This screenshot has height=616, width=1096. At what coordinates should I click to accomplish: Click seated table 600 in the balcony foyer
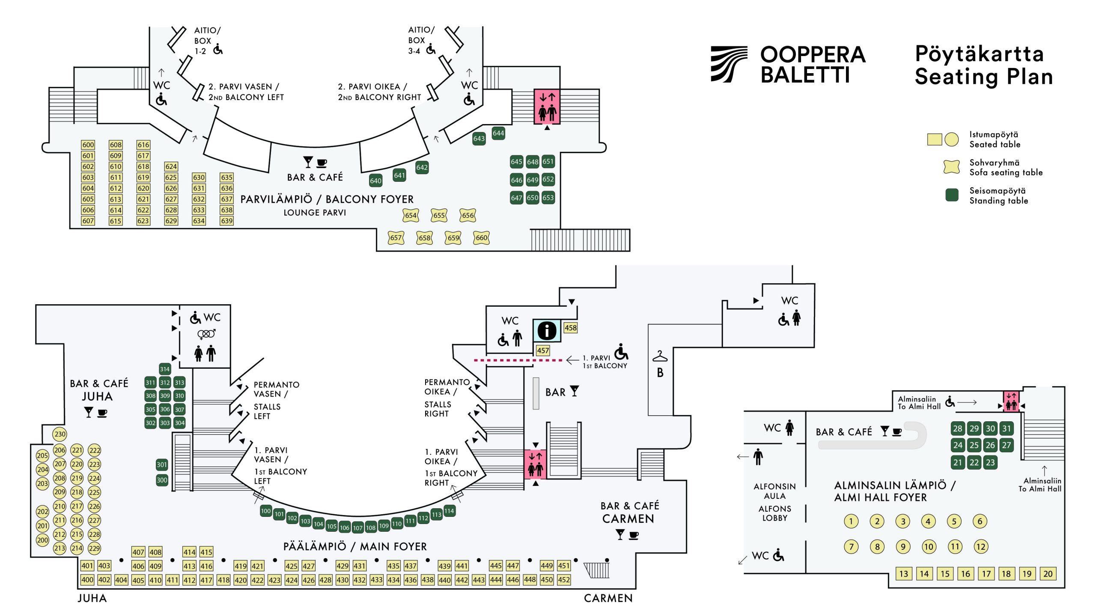[x=88, y=145]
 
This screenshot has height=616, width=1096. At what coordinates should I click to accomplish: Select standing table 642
[x=422, y=167]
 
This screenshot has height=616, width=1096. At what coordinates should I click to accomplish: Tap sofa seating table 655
[x=439, y=215]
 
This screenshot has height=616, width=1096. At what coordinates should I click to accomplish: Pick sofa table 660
[x=481, y=238]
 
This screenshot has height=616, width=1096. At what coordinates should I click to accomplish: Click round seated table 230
[x=60, y=434]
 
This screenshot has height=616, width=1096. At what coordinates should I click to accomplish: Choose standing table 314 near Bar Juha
[x=165, y=369]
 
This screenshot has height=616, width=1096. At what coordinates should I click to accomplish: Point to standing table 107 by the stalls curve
[x=357, y=528]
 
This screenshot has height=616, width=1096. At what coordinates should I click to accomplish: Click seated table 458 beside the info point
[x=570, y=328]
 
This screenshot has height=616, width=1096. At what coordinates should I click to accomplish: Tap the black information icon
[x=547, y=330]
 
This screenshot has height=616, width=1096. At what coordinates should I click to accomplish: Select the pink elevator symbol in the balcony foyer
[x=547, y=107]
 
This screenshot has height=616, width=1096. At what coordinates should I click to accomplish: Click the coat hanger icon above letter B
[x=660, y=356]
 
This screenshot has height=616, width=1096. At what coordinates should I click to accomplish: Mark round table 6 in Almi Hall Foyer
[x=980, y=521]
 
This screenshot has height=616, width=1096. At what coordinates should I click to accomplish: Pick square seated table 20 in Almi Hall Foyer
[x=1048, y=574]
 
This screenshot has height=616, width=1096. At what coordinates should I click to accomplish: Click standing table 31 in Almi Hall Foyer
[x=1007, y=428]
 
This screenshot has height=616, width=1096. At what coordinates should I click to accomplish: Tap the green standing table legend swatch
[x=951, y=195]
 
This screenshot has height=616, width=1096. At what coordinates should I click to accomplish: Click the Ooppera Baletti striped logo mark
[x=729, y=64]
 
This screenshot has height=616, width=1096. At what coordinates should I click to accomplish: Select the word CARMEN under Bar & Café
[x=628, y=519]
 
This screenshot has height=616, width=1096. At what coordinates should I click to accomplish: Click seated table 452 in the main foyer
[x=564, y=580]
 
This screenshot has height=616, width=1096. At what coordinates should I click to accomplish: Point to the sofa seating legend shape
[x=951, y=167]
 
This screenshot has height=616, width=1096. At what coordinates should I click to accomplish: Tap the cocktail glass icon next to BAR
[x=575, y=391]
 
